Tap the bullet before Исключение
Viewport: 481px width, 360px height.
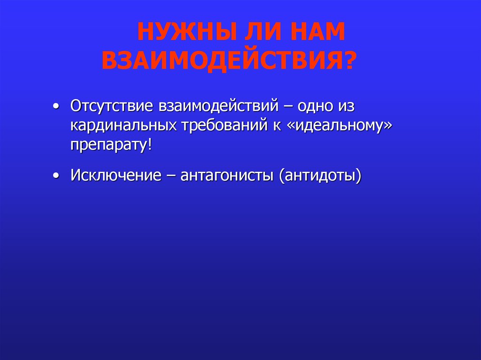56,176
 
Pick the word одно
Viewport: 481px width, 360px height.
312,106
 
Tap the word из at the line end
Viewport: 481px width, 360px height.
346,106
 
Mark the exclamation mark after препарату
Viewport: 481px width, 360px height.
150,144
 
